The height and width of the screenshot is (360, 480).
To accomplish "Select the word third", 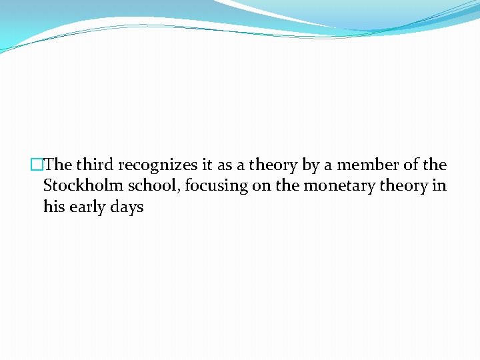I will [95, 165].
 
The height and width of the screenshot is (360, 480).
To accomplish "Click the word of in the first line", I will [413, 165].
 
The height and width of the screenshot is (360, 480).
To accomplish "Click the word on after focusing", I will [261, 186].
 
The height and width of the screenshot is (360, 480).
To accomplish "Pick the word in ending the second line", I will [439, 186].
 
